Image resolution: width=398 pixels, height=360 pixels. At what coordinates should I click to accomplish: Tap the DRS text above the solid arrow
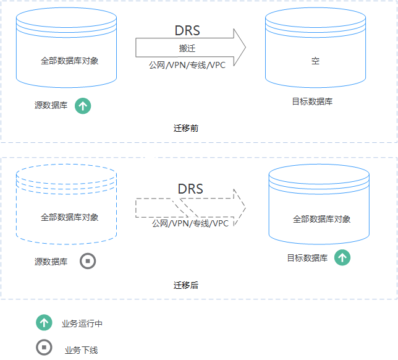187,31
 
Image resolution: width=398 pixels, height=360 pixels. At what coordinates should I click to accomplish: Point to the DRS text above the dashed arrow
190,189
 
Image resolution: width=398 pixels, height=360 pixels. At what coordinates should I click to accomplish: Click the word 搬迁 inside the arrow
187,48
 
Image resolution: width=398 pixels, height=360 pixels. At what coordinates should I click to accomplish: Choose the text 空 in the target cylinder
315,61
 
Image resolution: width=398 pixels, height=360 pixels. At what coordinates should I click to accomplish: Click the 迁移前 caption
186,129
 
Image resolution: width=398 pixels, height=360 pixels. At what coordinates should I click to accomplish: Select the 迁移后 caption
186,286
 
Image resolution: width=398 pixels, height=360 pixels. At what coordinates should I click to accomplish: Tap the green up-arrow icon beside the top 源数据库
83,106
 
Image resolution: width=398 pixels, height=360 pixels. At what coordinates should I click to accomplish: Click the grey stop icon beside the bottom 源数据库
88,261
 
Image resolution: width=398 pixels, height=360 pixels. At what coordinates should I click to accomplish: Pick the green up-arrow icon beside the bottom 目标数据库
342,258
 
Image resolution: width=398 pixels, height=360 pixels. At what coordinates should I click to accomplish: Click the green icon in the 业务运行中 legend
44,322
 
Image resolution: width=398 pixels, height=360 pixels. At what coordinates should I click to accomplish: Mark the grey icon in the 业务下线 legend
44,348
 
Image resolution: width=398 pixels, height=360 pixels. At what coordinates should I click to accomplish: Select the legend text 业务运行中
82,324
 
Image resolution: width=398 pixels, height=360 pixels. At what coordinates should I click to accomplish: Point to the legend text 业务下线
81,350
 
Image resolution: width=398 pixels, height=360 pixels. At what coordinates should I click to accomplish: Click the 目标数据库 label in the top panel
312,101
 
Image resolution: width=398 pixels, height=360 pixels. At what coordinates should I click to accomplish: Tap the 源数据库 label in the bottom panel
51,262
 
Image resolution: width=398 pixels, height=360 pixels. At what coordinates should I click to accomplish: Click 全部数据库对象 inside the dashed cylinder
70,217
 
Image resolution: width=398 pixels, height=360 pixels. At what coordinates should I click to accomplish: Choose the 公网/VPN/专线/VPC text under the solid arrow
187,65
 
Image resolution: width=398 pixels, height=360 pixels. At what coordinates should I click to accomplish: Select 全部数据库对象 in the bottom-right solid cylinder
322,219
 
